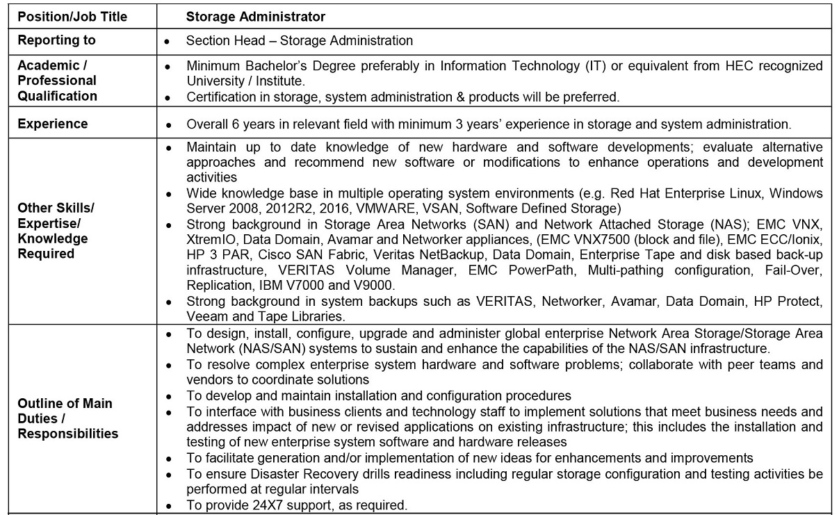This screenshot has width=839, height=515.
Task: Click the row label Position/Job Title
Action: click(x=72, y=17)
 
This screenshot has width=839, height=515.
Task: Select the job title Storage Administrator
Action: click(x=256, y=17)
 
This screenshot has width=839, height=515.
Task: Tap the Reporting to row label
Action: click(x=57, y=40)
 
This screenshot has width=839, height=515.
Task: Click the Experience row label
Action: click(x=53, y=124)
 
